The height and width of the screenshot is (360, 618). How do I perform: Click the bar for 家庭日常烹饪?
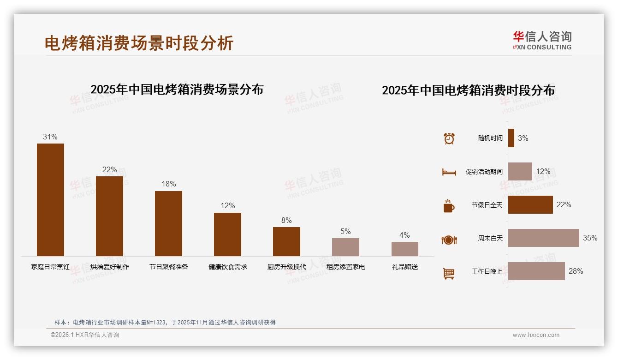pyautogui.click(x=50, y=199)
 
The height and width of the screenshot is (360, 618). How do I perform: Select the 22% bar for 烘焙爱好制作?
pyautogui.click(x=109, y=216)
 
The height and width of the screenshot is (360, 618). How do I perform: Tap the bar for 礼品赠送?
pyautogui.click(x=404, y=249)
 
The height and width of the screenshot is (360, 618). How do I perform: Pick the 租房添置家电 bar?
pyautogui.click(x=345, y=247)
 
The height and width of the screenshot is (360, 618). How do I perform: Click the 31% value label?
pyautogui.click(x=50, y=137)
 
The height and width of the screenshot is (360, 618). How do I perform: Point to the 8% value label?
pyautogui.click(x=286, y=221)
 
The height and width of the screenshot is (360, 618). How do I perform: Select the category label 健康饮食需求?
pyautogui.click(x=228, y=267)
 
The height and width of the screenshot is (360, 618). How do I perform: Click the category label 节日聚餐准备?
pyautogui.click(x=169, y=267)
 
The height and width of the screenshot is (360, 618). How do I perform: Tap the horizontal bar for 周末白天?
pyautogui.click(x=543, y=238)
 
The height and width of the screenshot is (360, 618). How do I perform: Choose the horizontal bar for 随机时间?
pyautogui.click(x=511, y=138)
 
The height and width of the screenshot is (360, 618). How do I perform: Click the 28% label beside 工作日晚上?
pyautogui.click(x=576, y=271)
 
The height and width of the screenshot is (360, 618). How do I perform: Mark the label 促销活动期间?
pyautogui.click(x=484, y=172)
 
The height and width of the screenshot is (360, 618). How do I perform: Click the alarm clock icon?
pyautogui.click(x=449, y=138)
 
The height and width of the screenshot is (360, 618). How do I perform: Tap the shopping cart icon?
pyautogui.click(x=449, y=273)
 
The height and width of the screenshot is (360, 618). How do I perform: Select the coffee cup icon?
pyautogui.click(x=449, y=206)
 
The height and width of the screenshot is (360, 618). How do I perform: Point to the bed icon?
pyautogui.click(x=449, y=172)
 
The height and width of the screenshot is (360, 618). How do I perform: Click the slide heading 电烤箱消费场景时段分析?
pyautogui.click(x=139, y=43)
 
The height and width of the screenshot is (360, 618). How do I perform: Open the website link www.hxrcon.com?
pyautogui.click(x=536, y=335)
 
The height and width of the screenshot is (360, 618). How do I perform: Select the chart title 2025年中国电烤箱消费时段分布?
pyautogui.click(x=468, y=90)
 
